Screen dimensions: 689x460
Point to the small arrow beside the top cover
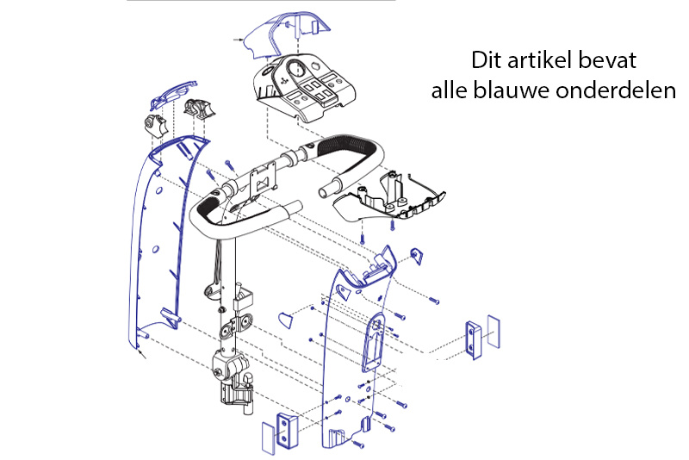239,40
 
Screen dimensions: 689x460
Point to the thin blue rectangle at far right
492,329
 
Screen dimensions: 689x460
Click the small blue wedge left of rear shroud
285,320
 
